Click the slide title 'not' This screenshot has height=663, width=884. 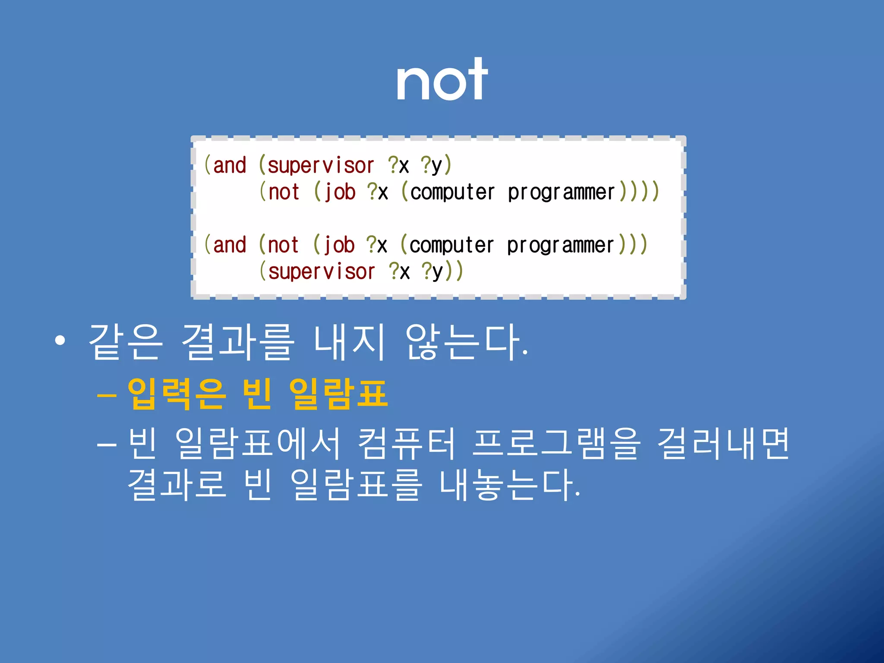click(x=442, y=80)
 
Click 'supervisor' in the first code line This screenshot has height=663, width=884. click(x=321, y=166)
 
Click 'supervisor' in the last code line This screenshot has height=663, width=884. click(x=322, y=272)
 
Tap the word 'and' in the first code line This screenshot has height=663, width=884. click(x=230, y=166)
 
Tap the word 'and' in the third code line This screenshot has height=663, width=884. click(x=230, y=245)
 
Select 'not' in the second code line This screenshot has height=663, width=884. click(x=284, y=192)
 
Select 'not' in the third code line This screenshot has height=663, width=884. click(x=283, y=245)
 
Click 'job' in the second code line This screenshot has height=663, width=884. click(x=340, y=192)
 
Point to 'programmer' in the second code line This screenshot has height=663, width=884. click(x=561, y=192)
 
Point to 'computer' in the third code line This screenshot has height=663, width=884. click(x=451, y=245)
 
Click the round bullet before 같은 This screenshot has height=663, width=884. click(x=60, y=341)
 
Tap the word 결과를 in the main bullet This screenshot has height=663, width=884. click(x=238, y=342)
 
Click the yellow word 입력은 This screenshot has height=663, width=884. click(x=177, y=394)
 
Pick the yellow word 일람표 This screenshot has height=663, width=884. click(x=338, y=394)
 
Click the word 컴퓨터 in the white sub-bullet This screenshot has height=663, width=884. click(x=406, y=444)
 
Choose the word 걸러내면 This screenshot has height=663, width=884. click(x=723, y=444)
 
